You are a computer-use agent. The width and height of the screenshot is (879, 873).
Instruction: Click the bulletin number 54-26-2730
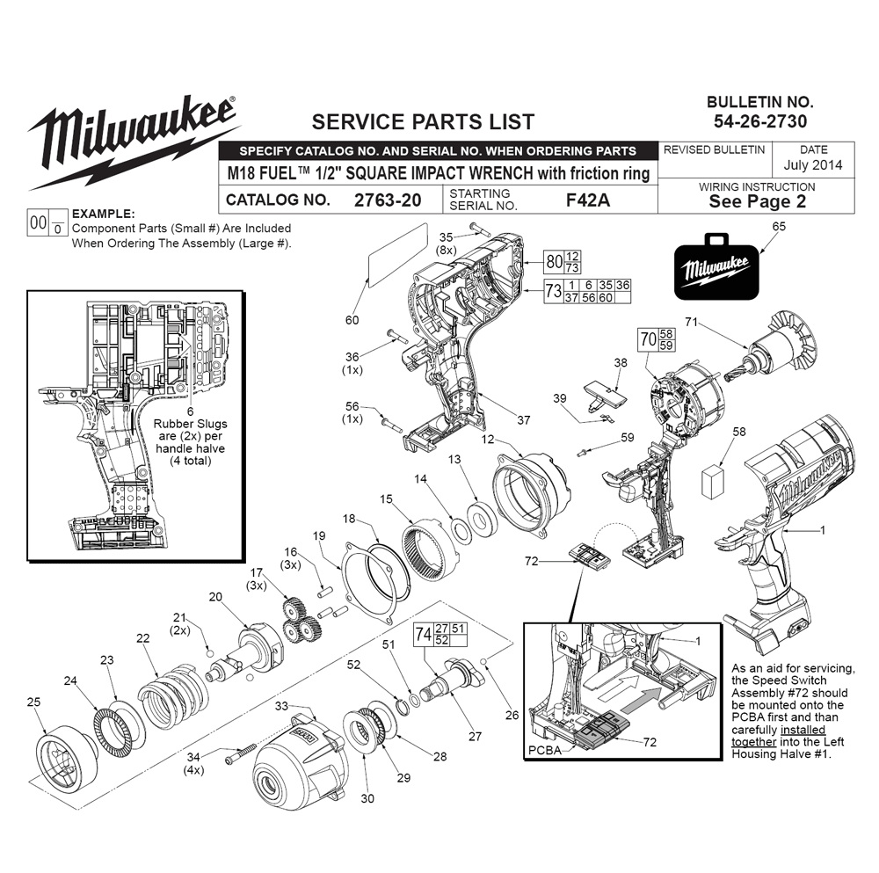click(x=760, y=121)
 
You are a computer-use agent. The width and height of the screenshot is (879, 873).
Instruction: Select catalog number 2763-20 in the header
click(x=387, y=200)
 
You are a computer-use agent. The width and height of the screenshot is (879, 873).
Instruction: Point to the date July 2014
click(x=812, y=164)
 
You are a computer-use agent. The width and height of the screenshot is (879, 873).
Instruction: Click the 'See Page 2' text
click(x=757, y=201)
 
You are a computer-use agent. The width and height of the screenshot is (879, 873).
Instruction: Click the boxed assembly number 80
click(x=553, y=262)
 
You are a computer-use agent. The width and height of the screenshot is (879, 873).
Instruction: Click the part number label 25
click(x=34, y=702)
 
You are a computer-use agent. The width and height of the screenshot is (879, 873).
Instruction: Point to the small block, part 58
click(x=714, y=482)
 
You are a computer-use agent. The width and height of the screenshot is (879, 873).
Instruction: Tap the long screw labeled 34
click(x=237, y=753)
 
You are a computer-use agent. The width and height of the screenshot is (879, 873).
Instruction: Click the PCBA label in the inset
click(x=546, y=752)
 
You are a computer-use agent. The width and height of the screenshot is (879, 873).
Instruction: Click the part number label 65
click(x=779, y=226)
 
